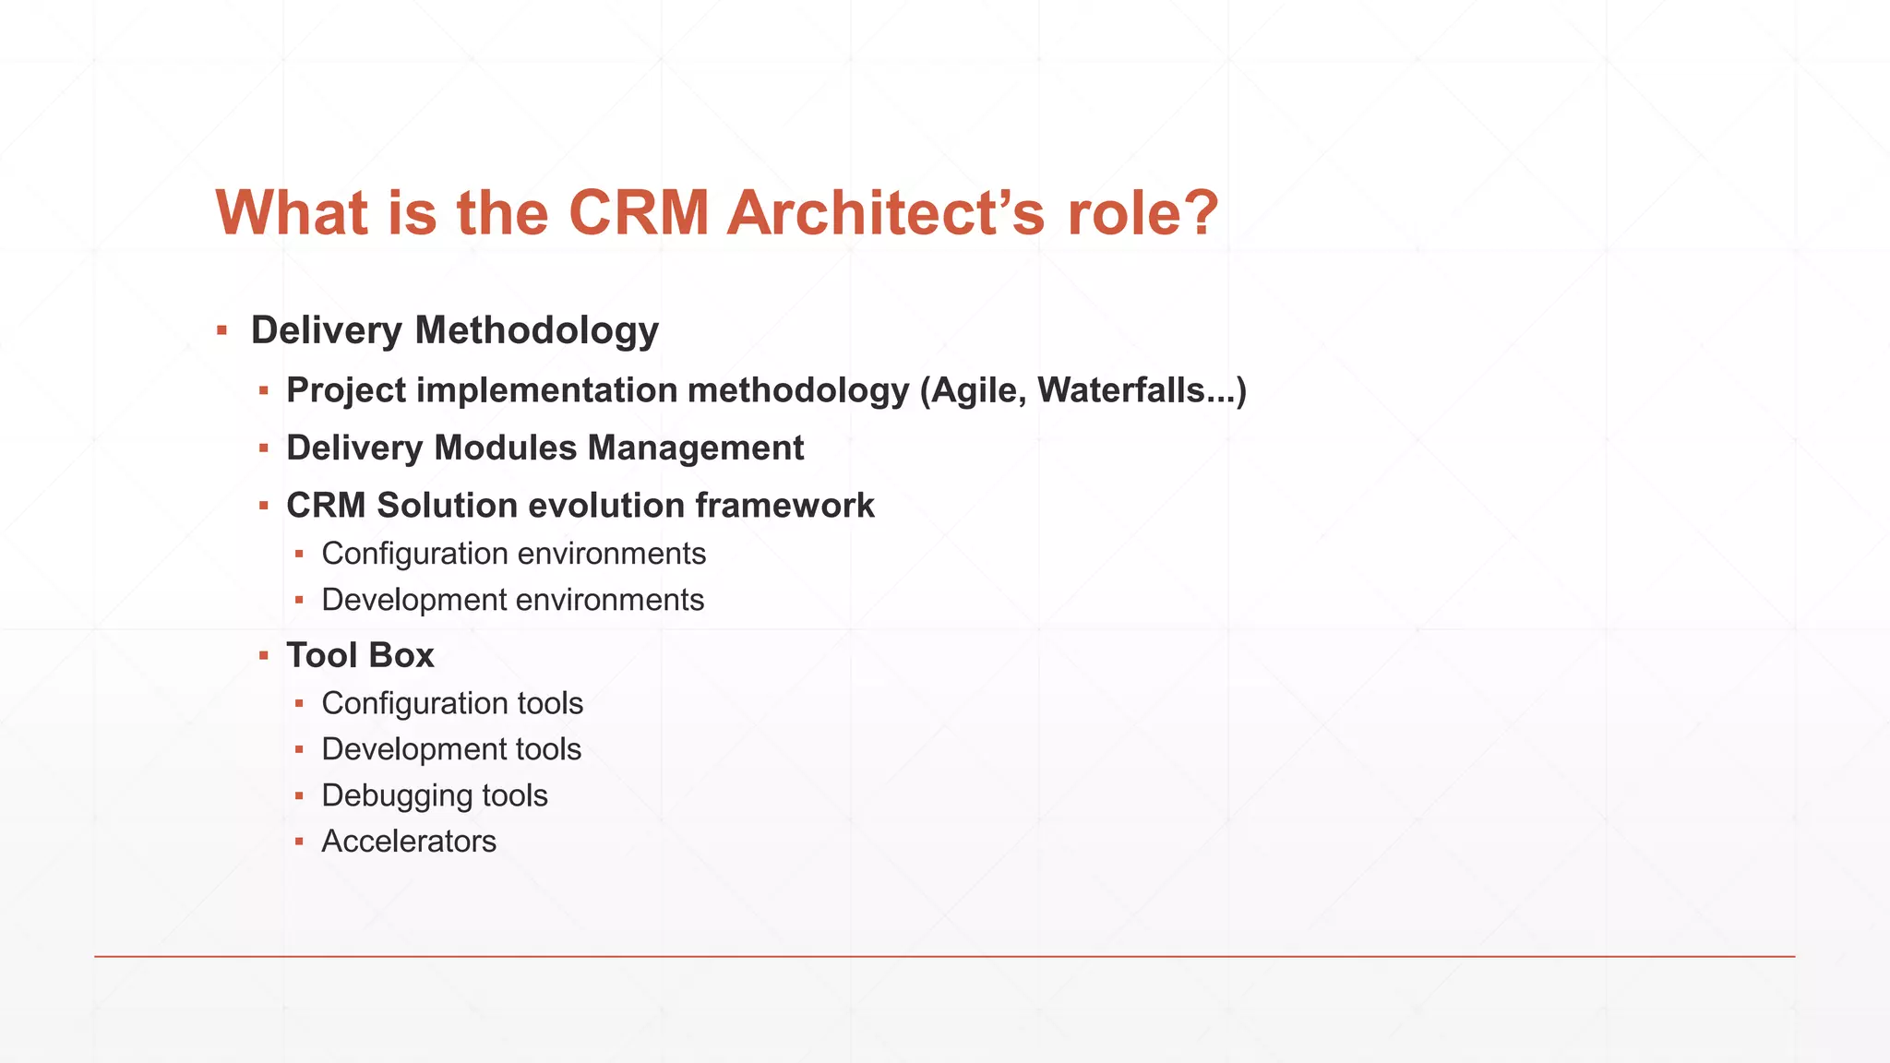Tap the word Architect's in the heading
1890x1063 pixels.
tap(886, 213)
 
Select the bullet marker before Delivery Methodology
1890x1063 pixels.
tap(221, 330)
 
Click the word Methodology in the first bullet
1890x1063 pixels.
tap(537, 330)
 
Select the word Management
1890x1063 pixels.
tap(696, 448)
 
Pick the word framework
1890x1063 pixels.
tap(784, 506)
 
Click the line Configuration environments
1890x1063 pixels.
tap(513, 554)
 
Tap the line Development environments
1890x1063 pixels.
tap(512, 600)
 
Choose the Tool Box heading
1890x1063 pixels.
tap(360, 655)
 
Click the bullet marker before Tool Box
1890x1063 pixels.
tap(264, 655)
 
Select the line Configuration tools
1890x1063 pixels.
tap(452, 703)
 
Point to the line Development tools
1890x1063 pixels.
tap(451, 749)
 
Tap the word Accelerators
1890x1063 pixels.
tap(409, 842)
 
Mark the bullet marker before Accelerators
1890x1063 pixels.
tap(299, 842)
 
